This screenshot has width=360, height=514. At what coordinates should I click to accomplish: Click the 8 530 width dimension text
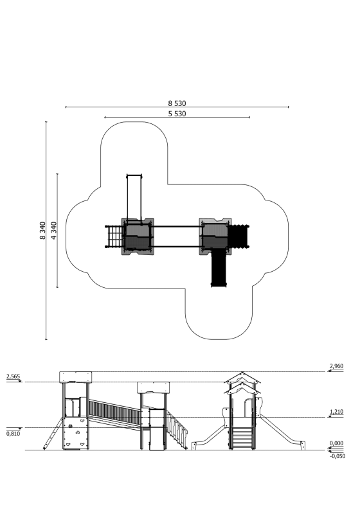coord(177,103)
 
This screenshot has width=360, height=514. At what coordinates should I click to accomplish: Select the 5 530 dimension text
coord(177,114)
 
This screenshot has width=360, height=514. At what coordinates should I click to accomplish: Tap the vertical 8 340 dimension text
coord(42,231)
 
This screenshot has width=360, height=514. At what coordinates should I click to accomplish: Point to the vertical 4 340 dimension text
coord(54,231)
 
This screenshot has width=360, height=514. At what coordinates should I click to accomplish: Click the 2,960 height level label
coord(336,366)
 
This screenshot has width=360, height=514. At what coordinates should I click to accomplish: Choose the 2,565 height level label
coord(13,377)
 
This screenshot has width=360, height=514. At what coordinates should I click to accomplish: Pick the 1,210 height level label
coord(336,412)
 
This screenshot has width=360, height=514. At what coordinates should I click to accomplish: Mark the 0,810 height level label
coord(13,434)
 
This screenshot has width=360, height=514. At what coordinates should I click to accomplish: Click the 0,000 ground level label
coord(336,443)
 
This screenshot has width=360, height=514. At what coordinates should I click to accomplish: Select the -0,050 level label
coord(337,456)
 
